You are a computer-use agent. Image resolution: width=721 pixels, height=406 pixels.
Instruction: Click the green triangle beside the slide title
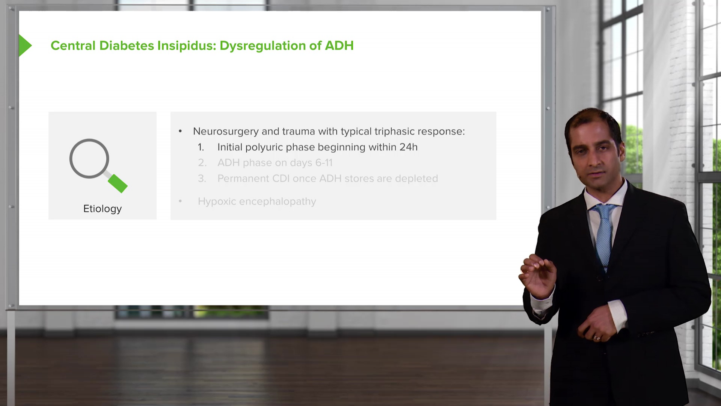click(24, 45)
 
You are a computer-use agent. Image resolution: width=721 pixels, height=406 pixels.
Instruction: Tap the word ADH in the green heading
click(339, 45)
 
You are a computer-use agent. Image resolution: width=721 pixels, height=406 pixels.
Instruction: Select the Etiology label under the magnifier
click(102, 209)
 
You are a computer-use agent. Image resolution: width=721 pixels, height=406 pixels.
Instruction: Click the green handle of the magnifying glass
click(118, 183)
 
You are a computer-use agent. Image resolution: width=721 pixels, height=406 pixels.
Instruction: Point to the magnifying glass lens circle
click(89, 158)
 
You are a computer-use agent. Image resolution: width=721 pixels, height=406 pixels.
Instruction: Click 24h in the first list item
click(408, 147)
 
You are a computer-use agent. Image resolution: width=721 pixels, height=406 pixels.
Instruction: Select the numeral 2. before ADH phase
click(202, 163)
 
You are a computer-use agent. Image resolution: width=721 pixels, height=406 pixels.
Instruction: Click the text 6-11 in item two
click(324, 163)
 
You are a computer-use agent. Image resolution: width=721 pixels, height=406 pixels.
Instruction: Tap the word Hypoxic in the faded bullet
click(217, 201)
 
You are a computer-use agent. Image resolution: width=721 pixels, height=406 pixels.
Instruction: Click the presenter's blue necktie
click(604, 233)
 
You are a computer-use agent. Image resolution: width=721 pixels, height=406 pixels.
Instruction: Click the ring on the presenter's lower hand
click(596, 338)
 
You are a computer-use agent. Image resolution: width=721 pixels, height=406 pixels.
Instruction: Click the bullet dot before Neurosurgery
click(180, 131)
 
